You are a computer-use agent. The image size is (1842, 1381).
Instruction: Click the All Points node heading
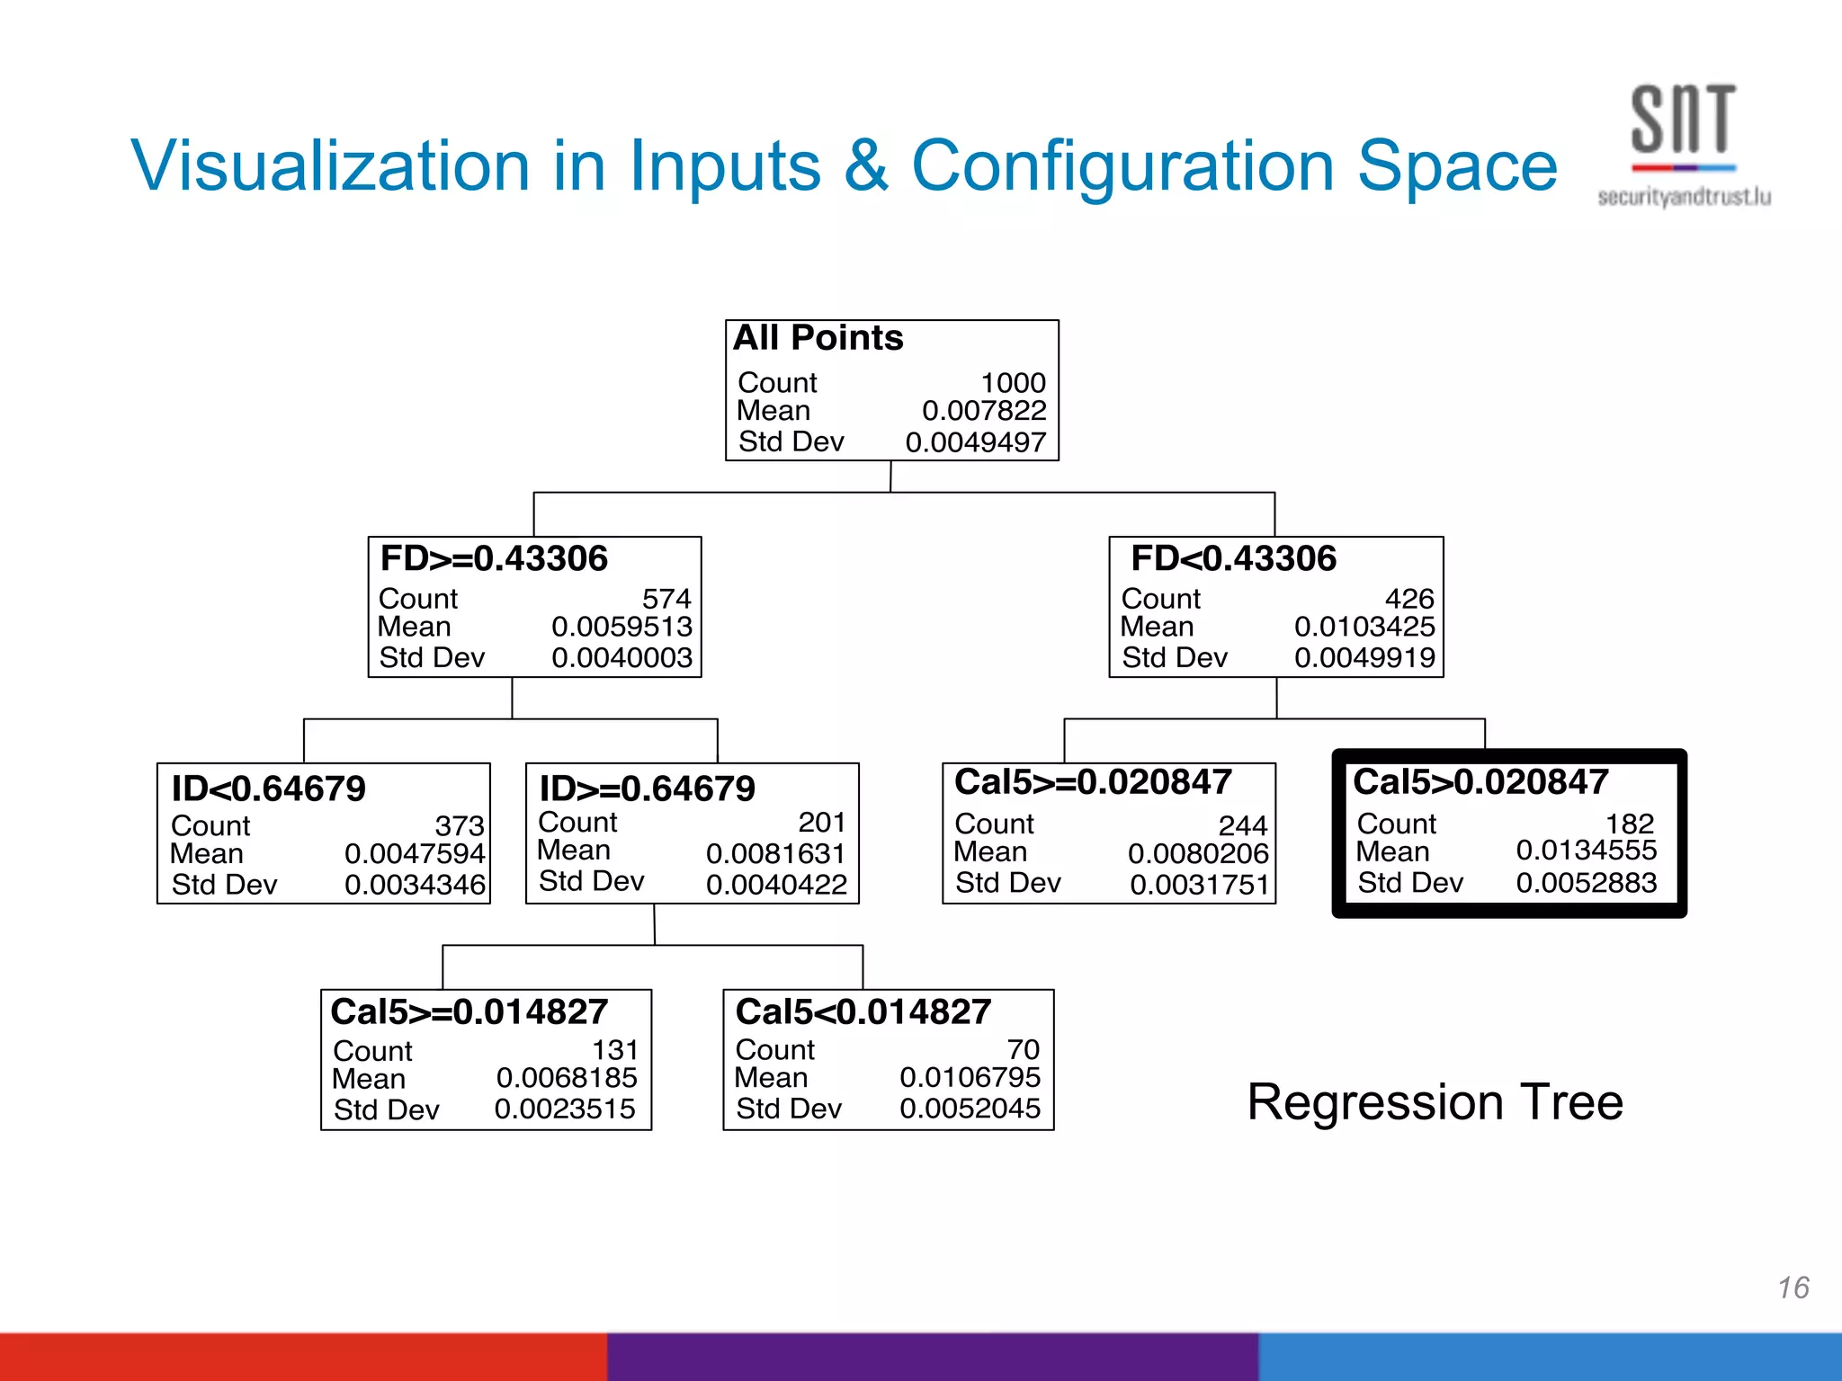(x=818, y=338)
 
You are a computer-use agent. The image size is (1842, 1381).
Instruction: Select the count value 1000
(x=1013, y=383)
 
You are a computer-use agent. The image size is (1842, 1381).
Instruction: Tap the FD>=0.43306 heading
(x=494, y=558)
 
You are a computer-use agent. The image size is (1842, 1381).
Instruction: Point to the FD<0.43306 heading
(x=1233, y=558)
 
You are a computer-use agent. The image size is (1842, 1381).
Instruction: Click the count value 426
(x=1408, y=599)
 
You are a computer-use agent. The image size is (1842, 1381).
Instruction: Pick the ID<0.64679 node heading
(x=268, y=789)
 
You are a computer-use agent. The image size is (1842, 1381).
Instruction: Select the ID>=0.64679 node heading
(x=647, y=789)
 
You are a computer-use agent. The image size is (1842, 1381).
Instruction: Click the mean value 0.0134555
(x=1586, y=850)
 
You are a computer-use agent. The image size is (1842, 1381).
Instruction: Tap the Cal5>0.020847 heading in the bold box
(x=1480, y=782)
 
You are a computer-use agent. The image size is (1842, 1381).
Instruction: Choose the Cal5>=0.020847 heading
(x=1093, y=782)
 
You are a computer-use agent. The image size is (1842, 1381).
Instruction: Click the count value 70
(x=1023, y=1049)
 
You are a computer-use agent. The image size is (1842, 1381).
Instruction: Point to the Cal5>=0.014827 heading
(x=469, y=1012)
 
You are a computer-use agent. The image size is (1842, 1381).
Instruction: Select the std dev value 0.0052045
(x=970, y=1109)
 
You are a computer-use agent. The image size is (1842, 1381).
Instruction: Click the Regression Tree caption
(x=1435, y=1102)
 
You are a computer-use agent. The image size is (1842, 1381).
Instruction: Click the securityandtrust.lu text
(x=1684, y=197)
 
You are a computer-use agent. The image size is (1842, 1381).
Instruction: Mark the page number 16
(x=1793, y=1287)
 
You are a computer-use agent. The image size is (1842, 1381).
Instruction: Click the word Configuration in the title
(x=1122, y=166)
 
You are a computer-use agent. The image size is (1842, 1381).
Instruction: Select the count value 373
(x=459, y=825)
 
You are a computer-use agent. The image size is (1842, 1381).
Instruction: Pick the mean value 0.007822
(x=983, y=411)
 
